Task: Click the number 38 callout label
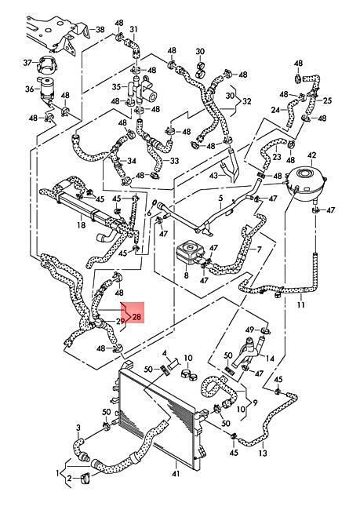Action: click(x=100, y=30)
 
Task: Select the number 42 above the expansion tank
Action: click(x=311, y=155)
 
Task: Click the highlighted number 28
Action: click(x=137, y=316)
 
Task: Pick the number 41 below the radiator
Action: click(x=175, y=474)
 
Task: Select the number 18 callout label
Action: click(x=81, y=224)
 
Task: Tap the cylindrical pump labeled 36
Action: click(x=47, y=89)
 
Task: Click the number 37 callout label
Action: click(x=27, y=62)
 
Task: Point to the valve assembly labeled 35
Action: click(x=143, y=89)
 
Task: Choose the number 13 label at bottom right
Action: click(x=263, y=453)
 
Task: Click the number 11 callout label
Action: click(x=301, y=304)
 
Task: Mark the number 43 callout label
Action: click(x=213, y=176)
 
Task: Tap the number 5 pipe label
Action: click(x=221, y=198)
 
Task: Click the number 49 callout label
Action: click(x=249, y=330)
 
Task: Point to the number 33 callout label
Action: click(x=174, y=161)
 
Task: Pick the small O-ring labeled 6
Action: click(x=155, y=203)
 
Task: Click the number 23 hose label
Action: click(x=276, y=157)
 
